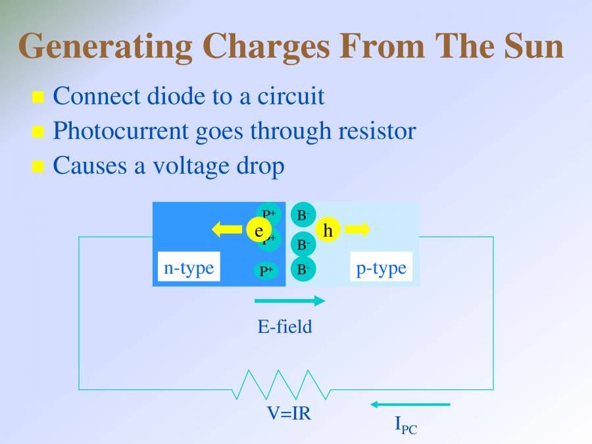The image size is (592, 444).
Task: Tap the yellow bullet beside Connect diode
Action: tap(38, 98)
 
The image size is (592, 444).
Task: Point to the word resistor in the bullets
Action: tap(376, 131)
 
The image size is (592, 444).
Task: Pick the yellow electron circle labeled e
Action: tap(259, 230)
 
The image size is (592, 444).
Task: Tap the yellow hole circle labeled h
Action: tap(328, 230)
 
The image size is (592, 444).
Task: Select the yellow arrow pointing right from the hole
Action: tap(358, 229)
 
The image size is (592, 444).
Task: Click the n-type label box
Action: tap(188, 268)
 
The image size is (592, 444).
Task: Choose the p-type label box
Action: tap(381, 268)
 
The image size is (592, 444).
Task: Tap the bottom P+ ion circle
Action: tap(266, 270)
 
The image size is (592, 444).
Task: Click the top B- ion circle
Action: tap(303, 214)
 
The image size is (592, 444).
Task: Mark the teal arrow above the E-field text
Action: tap(289, 301)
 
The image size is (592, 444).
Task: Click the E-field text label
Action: tap(284, 326)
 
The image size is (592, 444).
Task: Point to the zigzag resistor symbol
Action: tap(282, 385)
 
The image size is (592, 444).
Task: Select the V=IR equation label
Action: tap(289, 414)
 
